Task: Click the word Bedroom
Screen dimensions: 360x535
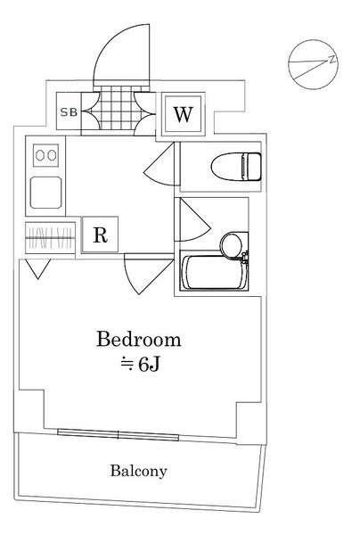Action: coord(138,340)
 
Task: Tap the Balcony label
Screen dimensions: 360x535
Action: coord(138,471)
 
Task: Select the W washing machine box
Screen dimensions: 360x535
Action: coord(184,115)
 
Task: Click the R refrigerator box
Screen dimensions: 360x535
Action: coord(100,235)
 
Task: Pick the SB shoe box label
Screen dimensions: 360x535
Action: coord(69,112)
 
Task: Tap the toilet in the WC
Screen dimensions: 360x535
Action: coord(236,167)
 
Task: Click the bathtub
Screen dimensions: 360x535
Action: coord(214,272)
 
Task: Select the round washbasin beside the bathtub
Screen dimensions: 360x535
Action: coord(233,245)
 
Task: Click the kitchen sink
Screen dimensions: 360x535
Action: coord(46,193)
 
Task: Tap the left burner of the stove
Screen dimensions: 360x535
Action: coord(40,155)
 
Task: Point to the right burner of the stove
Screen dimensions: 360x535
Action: coord(52,155)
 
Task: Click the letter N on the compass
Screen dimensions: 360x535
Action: coord(332,60)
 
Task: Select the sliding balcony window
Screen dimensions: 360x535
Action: coord(118,435)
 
